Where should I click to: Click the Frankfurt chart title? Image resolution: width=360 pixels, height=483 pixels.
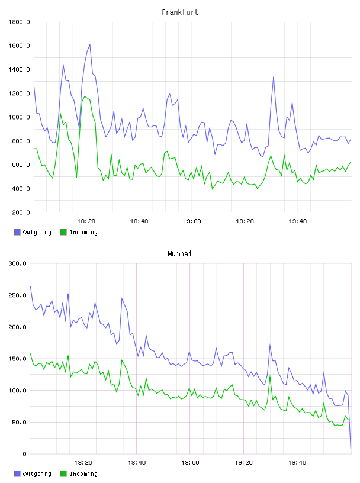point(180,12)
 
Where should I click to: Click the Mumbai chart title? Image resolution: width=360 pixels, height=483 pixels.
point(179,254)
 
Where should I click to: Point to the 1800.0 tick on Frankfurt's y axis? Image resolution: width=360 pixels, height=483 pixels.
point(19,22)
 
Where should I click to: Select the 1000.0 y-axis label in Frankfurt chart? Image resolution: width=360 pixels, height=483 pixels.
point(19,117)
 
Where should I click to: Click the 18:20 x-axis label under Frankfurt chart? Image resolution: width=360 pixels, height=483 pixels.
point(86,221)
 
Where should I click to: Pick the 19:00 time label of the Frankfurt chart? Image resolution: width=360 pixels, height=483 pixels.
point(192,221)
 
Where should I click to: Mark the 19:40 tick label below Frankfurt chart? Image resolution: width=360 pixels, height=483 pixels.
point(298,221)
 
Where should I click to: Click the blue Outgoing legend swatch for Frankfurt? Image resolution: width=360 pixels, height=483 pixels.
point(17,232)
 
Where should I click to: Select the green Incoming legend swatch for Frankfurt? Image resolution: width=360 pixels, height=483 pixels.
point(63,232)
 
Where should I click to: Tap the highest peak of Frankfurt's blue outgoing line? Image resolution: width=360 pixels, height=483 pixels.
point(89,44)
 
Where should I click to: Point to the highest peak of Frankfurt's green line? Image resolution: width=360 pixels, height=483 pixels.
point(85,96)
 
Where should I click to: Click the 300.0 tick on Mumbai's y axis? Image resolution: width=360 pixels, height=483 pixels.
point(17,263)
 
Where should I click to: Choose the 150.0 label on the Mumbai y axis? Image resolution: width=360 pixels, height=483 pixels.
point(17,359)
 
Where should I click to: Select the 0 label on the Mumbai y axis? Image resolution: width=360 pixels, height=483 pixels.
point(24,454)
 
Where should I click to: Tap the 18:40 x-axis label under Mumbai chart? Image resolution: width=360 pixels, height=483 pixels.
point(137,463)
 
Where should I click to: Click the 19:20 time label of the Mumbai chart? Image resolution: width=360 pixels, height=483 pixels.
point(243,463)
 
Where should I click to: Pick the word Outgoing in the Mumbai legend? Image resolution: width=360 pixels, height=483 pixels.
point(37,474)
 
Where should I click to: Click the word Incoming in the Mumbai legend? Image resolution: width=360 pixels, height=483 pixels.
point(83,474)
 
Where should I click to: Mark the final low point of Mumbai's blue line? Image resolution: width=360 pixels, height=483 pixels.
point(351,449)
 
